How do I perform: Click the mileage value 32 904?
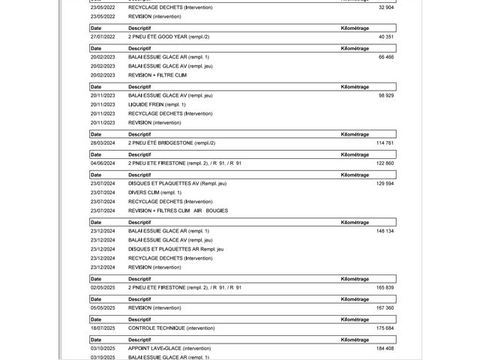(x=385, y=7)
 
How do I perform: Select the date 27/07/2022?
(x=102, y=36)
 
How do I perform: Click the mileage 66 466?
(x=385, y=57)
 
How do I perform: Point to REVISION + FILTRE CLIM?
(x=157, y=76)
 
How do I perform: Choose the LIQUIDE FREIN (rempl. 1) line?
(x=157, y=104)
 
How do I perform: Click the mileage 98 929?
(x=385, y=95)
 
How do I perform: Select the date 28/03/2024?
(x=102, y=142)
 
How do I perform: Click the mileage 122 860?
(x=384, y=163)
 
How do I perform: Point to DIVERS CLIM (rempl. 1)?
(x=154, y=193)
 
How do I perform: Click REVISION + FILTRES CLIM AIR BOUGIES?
(x=178, y=211)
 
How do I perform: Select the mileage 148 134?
(x=384, y=231)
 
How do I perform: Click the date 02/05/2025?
(x=102, y=288)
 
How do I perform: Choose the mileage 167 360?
(x=384, y=308)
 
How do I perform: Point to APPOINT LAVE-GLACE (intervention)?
(x=169, y=349)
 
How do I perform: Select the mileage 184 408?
(x=384, y=349)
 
